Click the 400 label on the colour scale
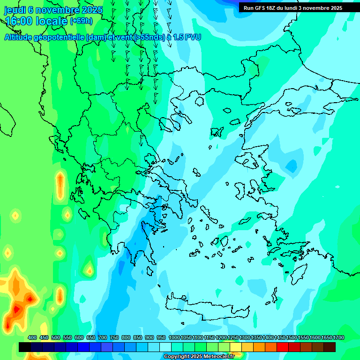pyautogui.click(x=32, y=337)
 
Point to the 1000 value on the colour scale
pyautogui.click(x=174, y=337)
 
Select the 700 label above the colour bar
pyautogui.click(x=103, y=337)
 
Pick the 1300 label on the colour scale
pyautogui.click(x=245, y=337)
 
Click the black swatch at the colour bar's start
pyautogui.click(x=25, y=347)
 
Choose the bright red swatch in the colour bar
pyautogui.click(x=283, y=347)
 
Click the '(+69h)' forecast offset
pyautogui.click(x=82, y=21)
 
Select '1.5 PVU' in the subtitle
pyautogui.click(x=187, y=37)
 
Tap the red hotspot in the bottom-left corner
pyautogui.click(x=17, y=309)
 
